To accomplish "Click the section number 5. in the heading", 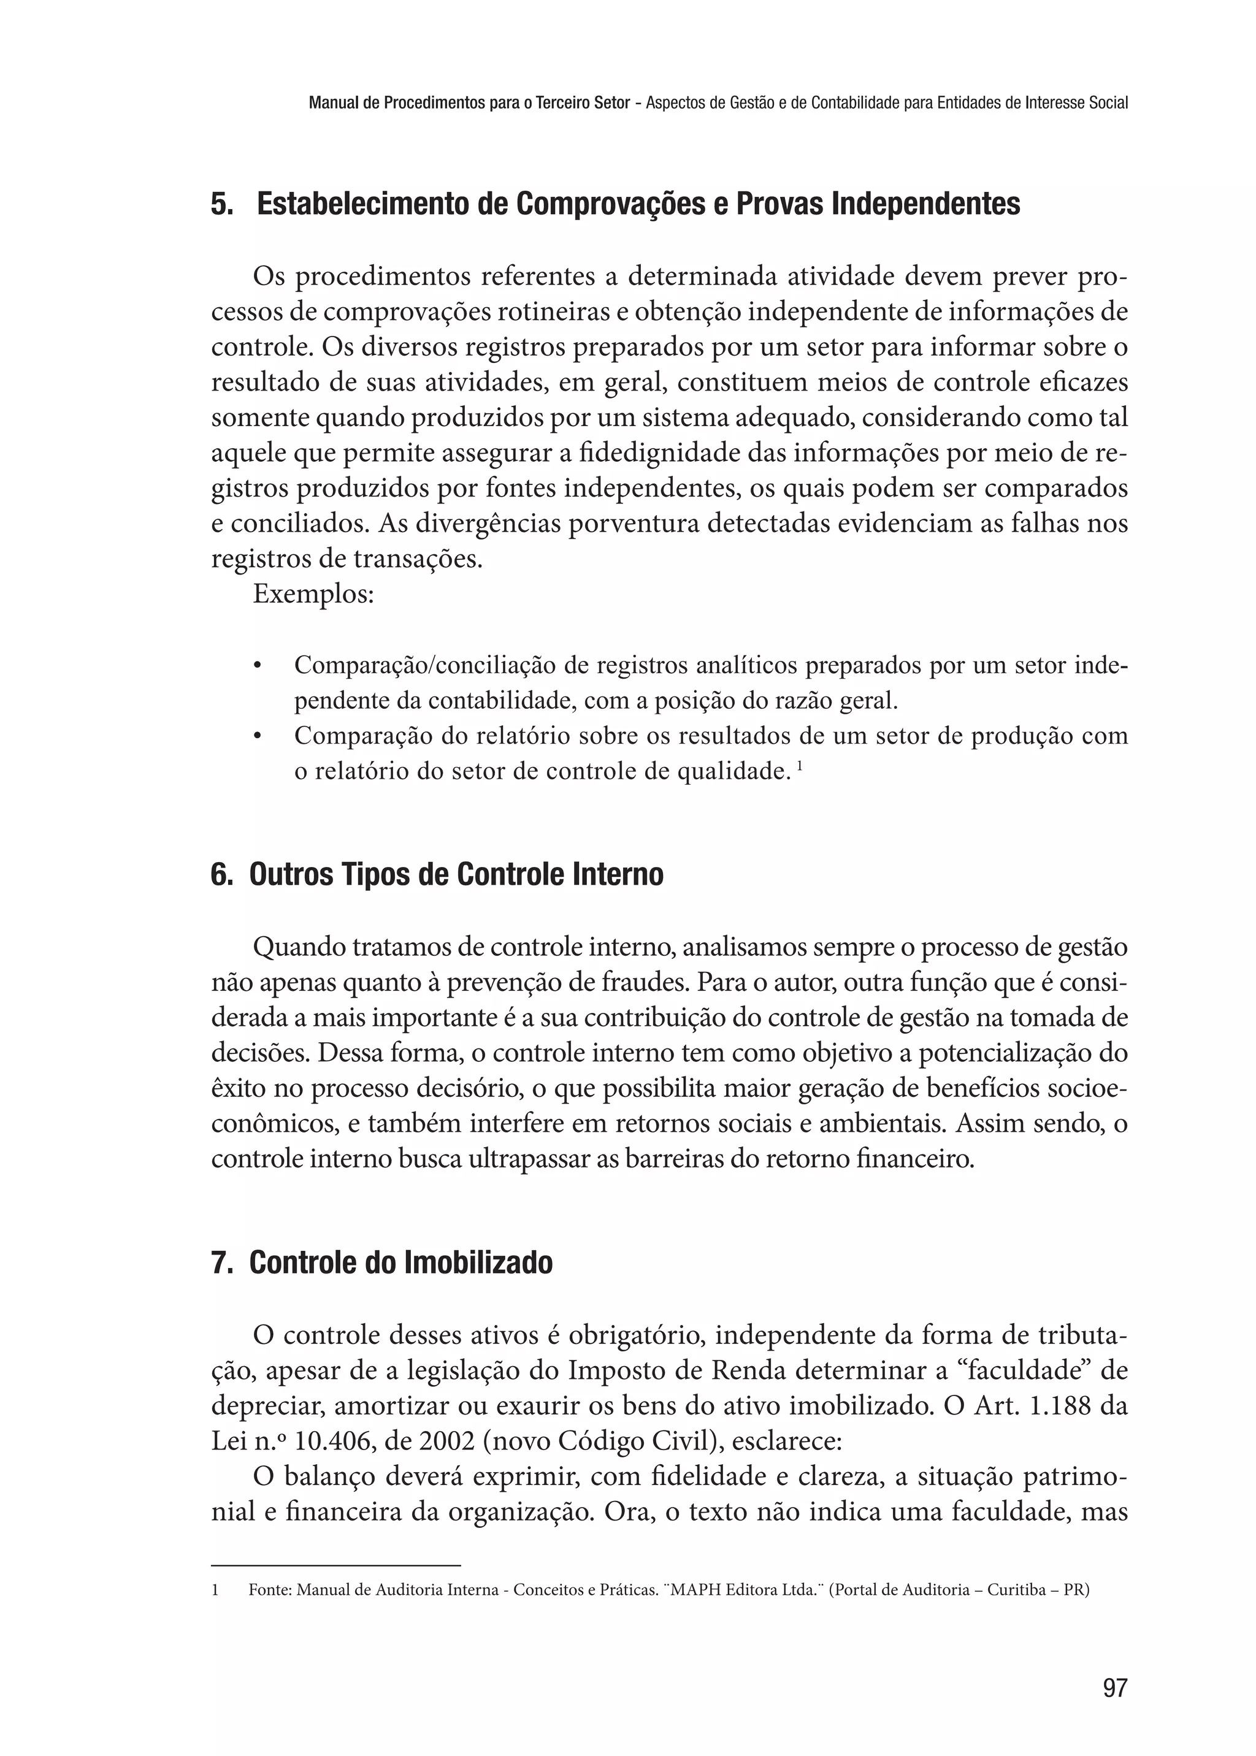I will click(222, 205).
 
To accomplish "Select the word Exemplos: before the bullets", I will click(314, 595).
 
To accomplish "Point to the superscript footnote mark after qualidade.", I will click(799, 766).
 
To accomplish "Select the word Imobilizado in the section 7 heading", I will click(478, 1262).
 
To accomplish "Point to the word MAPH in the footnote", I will click(692, 1590).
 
